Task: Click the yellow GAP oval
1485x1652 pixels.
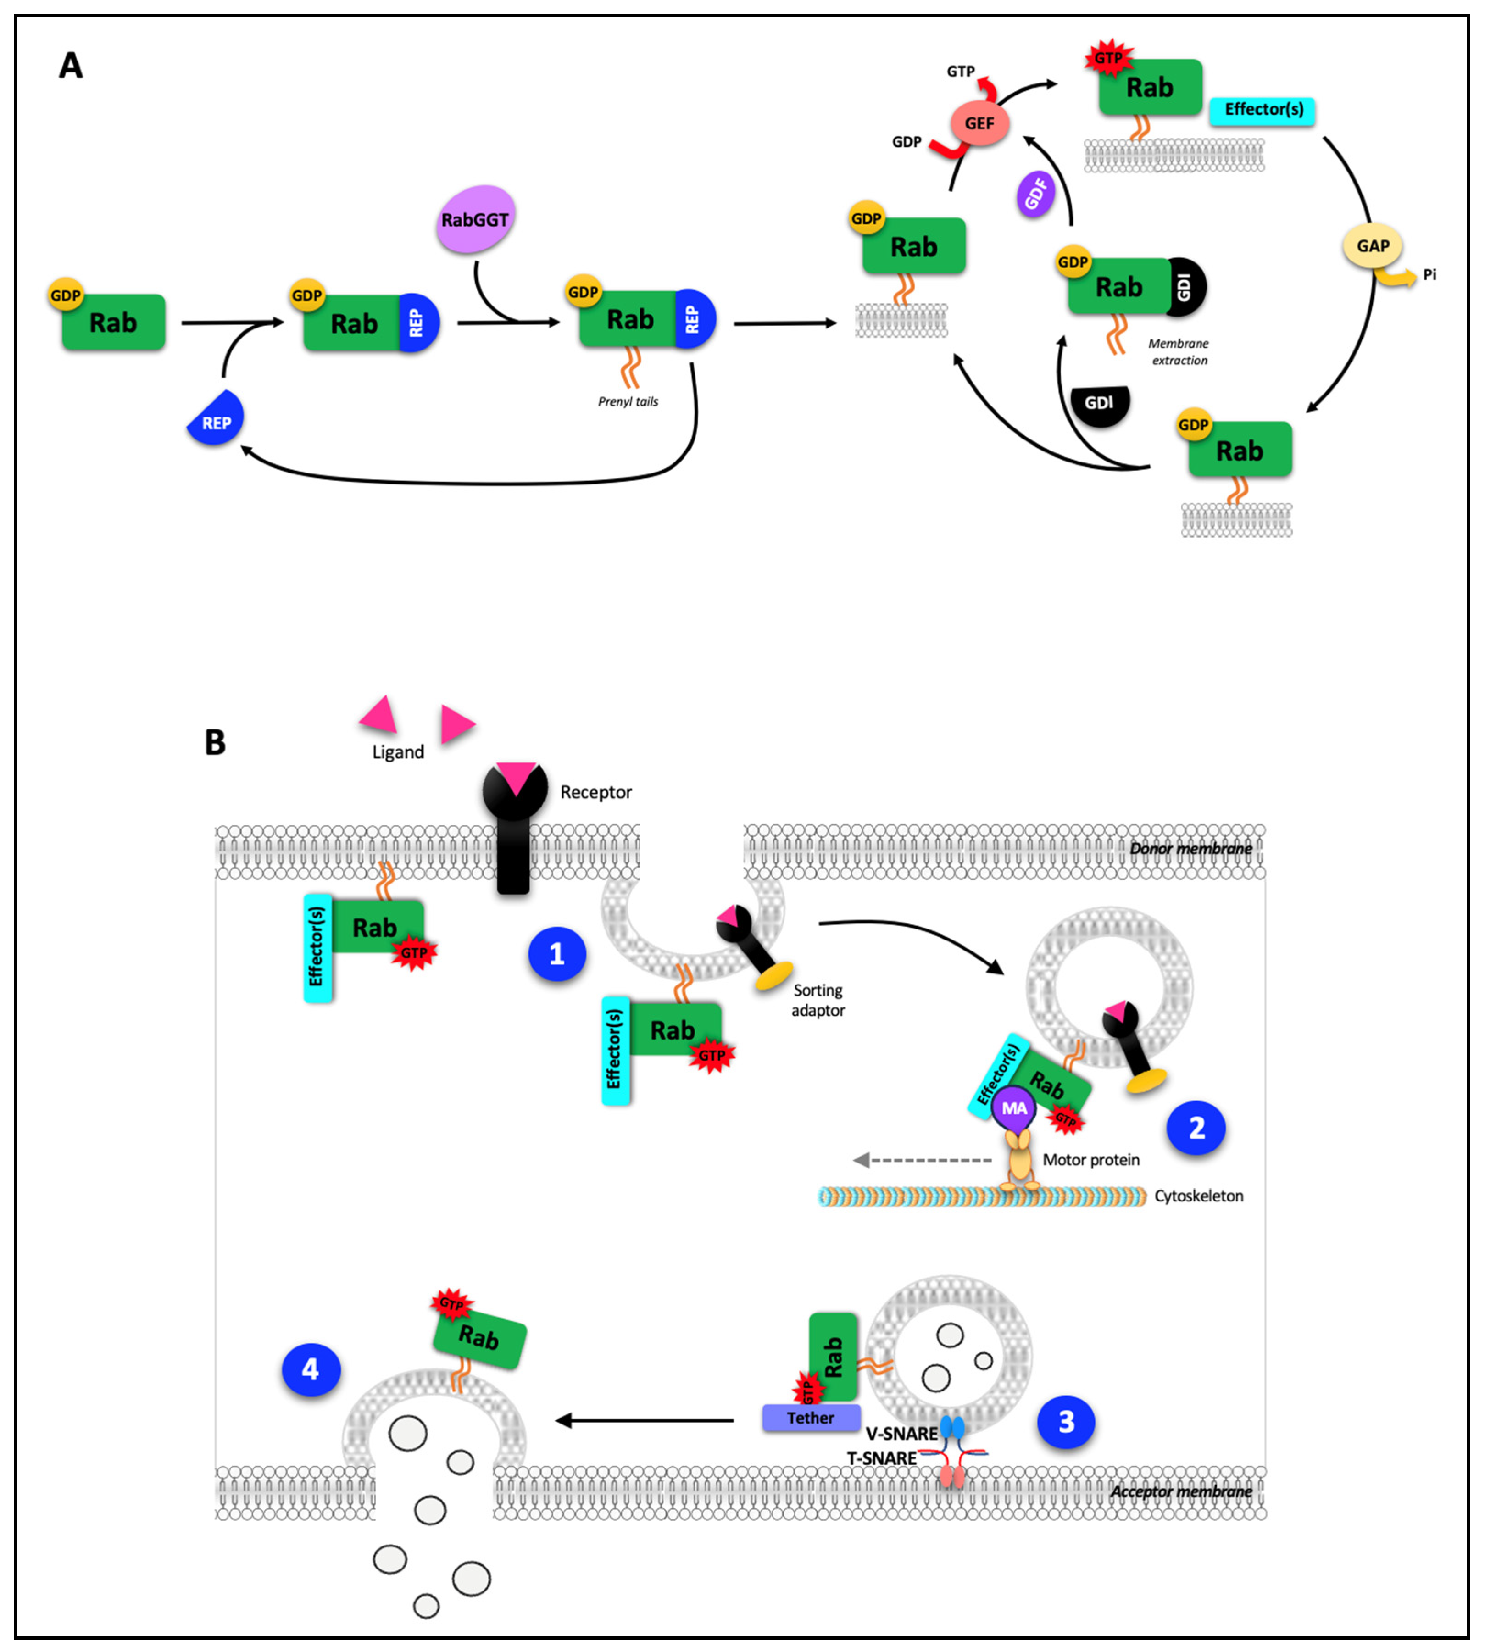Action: (1373, 245)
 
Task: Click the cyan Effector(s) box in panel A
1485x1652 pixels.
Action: (1263, 109)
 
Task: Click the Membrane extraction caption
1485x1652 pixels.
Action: (1179, 351)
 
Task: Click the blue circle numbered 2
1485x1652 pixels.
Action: (1196, 1128)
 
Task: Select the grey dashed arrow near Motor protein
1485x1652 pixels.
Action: (922, 1159)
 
